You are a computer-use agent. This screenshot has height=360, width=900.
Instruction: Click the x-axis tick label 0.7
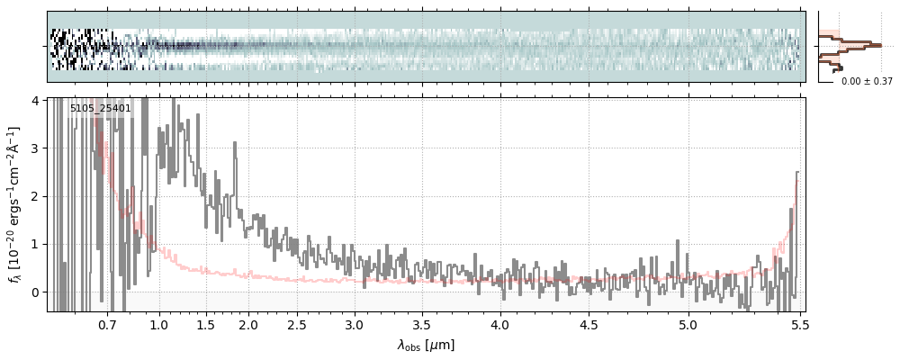click(x=107, y=324)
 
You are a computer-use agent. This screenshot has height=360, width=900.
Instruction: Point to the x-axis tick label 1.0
click(x=159, y=324)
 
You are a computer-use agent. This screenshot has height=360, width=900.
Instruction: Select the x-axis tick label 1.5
click(x=205, y=324)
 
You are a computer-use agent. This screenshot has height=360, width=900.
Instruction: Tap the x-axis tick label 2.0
click(x=248, y=324)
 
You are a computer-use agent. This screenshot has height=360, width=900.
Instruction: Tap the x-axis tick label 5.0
click(x=688, y=324)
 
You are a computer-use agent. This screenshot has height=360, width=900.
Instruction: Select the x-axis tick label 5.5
click(x=796, y=324)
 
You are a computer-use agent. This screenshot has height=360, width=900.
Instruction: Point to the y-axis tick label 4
click(x=35, y=100)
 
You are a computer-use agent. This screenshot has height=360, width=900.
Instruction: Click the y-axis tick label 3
click(x=35, y=148)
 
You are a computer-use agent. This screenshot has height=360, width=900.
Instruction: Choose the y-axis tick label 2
click(x=35, y=196)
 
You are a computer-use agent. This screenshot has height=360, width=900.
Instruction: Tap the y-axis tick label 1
click(x=35, y=244)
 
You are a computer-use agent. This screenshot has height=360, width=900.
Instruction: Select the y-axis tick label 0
click(x=35, y=292)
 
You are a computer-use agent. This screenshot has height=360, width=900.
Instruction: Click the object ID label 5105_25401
click(x=101, y=109)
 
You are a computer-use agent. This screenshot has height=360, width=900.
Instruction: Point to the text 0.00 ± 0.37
click(x=867, y=81)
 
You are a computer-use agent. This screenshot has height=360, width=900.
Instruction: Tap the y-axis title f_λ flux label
click(x=15, y=205)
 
